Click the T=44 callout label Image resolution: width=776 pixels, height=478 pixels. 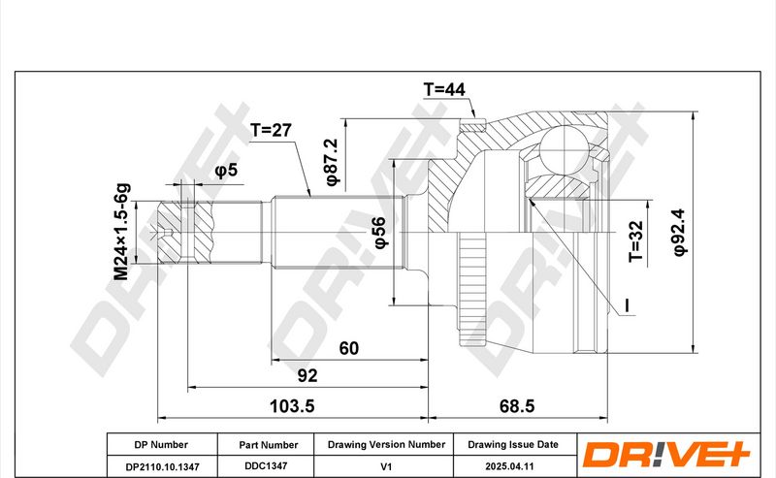click(x=444, y=89)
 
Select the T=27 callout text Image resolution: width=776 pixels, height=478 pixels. click(x=271, y=130)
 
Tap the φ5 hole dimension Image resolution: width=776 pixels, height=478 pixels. click(x=226, y=171)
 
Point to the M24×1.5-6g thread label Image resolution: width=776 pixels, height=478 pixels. click(x=122, y=232)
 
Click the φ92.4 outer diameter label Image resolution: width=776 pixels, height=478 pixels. click(x=680, y=232)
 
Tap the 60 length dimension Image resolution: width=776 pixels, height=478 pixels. click(x=348, y=348)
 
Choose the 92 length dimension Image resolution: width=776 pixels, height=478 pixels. click(x=307, y=375)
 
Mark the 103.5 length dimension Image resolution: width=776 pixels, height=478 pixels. click(x=292, y=406)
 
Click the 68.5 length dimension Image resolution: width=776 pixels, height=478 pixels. click(x=517, y=406)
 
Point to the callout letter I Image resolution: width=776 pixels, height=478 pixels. click(x=627, y=305)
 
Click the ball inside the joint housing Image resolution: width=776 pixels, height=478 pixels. click(x=564, y=149)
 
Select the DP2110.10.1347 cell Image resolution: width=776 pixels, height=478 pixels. click(x=162, y=466)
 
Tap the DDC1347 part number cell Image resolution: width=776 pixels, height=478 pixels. click(x=266, y=466)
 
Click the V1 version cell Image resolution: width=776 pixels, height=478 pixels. click(x=386, y=466)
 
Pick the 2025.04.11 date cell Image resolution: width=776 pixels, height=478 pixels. click(x=509, y=466)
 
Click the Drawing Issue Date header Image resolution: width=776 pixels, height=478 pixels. click(x=513, y=445)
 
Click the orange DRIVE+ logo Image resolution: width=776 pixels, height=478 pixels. click(x=666, y=454)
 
